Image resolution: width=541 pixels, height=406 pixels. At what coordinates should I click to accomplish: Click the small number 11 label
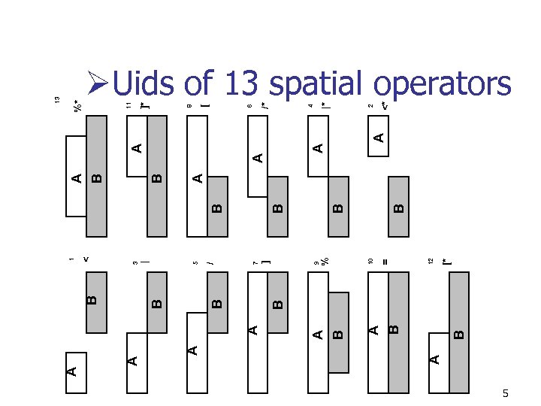(x=128, y=108)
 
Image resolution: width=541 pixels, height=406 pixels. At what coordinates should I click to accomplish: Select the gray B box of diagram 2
(x=399, y=198)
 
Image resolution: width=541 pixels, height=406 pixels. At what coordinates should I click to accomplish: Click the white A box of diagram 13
(x=77, y=177)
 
